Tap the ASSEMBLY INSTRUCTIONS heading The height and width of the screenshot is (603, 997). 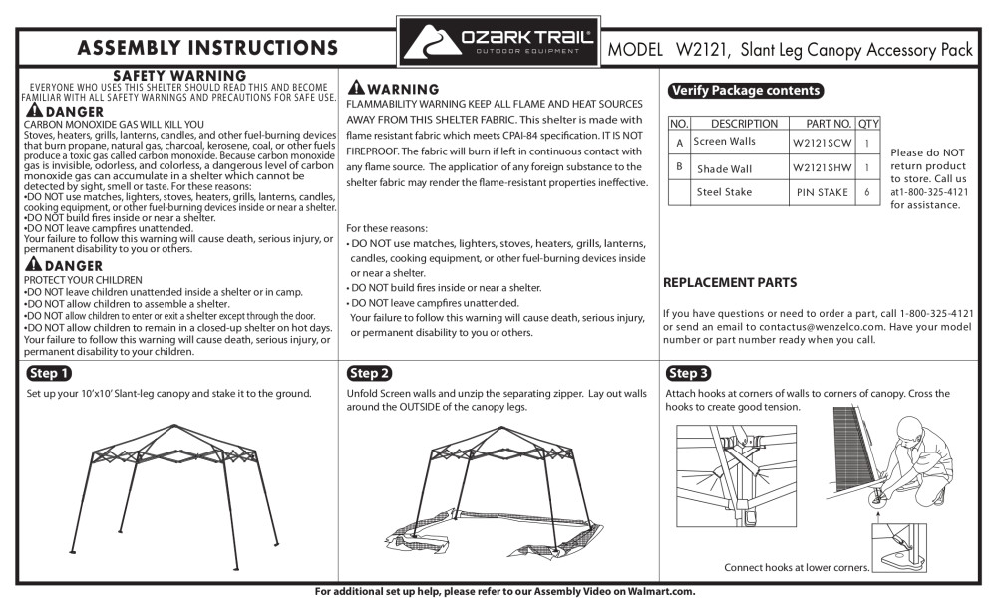[206, 48]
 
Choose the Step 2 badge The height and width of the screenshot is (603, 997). [369, 374]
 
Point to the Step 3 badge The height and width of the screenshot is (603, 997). [688, 374]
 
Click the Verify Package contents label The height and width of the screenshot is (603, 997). [746, 91]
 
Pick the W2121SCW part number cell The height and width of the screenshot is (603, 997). [823, 144]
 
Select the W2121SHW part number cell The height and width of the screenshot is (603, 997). [823, 169]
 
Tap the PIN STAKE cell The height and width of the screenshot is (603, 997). [823, 193]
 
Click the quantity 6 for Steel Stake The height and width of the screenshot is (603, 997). [868, 193]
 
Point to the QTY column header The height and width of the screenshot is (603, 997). [868, 124]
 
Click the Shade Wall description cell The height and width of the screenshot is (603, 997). [725, 169]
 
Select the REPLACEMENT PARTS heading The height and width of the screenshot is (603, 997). [730, 283]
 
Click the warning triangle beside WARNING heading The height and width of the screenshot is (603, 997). [355, 89]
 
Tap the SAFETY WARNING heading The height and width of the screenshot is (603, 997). [179, 76]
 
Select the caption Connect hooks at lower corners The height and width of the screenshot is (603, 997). [797, 568]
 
